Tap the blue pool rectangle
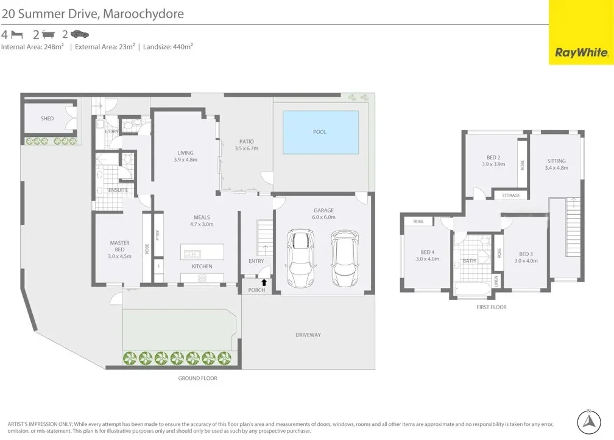(x=320, y=132)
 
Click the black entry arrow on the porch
(x=264, y=282)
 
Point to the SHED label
(x=47, y=119)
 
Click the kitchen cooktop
(x=202, y=279)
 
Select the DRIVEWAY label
(x=308, y=335)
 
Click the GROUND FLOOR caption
(x=197, y=378)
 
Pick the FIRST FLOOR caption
(x=491, y=307)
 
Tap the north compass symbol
(x=588, y=421)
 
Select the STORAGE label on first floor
(x=510, y=195)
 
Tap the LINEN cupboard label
(x=496, y=280)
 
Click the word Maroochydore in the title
(x=143, y=13)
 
